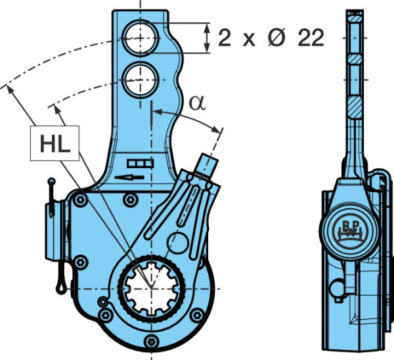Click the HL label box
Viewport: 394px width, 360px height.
[x=55, y=143]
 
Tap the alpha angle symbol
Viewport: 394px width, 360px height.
[x=197, y=103]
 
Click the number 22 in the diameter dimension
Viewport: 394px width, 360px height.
[x=311, y=38]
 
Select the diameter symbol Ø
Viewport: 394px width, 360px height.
[x=277, y=38]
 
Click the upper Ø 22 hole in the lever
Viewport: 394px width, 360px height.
[x=141, y=37]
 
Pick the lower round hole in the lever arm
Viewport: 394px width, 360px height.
[x=141, y=80]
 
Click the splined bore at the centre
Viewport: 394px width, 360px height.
[x=152, y=288]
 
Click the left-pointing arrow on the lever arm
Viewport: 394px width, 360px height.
[x=129, y=177]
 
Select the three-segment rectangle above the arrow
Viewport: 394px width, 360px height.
[x=141, y=164]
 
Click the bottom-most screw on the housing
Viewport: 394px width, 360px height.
[x=151, y=342]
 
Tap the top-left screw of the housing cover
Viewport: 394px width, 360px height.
[x=80, y=200]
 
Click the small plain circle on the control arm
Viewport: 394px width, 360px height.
[x=177, y=243]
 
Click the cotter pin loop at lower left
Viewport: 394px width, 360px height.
[x=61, y=284]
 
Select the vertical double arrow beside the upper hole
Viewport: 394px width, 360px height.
[x=207, y=37]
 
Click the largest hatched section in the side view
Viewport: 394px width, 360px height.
[x=355, y=108]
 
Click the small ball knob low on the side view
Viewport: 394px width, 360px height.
[x=338, y=289]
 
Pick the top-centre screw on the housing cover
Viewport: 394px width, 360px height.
[x=131, y=200]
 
